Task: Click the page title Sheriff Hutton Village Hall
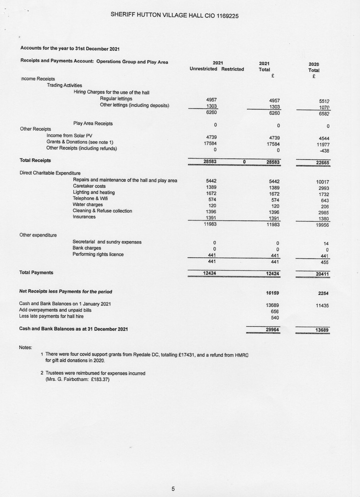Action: click(174, 15)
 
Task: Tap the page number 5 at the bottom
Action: click(173, 489)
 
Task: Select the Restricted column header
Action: click(233, 69)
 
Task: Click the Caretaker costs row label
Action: click(89, 186)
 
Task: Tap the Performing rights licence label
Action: click(98, 254)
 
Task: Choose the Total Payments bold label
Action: click(36, 272)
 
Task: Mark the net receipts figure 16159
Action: click(273, 292)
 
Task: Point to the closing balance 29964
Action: click(273, 329)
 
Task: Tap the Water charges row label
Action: click(88, 205)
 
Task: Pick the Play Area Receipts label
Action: click(93, 123)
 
